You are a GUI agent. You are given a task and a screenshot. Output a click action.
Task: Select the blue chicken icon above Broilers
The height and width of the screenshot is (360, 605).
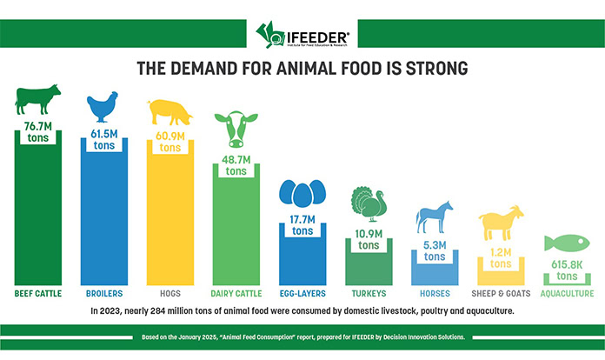103,109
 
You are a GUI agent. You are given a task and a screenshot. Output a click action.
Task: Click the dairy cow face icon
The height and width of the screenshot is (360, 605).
235,130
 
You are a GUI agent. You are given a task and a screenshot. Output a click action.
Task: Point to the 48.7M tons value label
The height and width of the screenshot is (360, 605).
235,166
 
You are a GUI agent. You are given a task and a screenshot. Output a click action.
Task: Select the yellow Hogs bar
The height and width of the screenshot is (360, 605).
169,217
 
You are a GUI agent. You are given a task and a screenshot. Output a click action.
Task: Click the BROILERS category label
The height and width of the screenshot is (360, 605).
103,294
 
